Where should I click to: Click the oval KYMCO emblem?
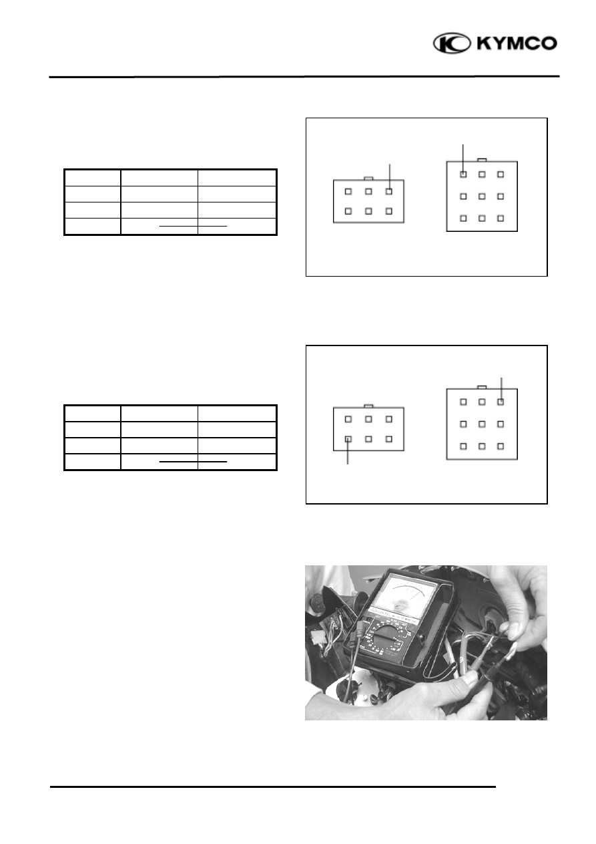point(452,43)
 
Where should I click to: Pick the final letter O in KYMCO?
point(550,43)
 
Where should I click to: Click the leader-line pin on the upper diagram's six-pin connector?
point(389,191)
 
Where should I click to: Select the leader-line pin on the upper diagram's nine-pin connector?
point(463,174)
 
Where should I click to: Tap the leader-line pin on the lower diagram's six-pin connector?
point(348,439)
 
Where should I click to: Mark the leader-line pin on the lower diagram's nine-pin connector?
point(501,402)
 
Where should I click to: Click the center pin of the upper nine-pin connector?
point(482,196)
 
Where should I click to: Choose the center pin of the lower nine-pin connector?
point(482,424)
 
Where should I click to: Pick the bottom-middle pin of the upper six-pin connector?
point(368,211)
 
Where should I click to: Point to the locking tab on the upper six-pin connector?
point(368,178)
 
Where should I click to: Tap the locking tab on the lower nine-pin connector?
point(482,387)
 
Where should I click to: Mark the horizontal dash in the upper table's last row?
point(194,226)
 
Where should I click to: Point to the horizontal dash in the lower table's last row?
point(194,461)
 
